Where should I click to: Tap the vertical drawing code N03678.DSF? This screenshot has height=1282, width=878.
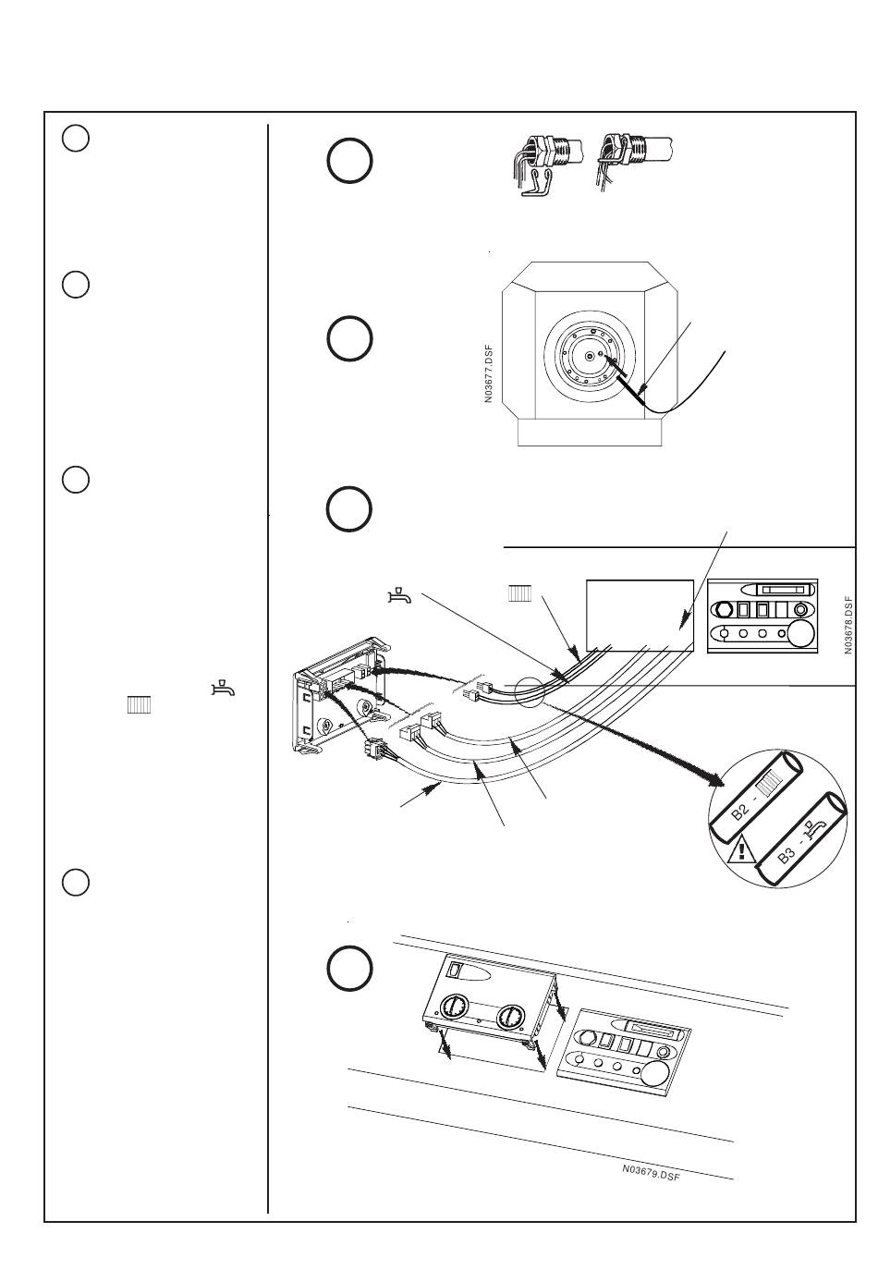click(848, 625)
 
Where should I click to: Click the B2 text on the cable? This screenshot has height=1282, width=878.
click(741, 810)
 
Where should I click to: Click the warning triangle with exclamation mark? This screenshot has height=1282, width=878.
click(740, 849)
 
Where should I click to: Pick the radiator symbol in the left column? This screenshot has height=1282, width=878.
click(140, 705)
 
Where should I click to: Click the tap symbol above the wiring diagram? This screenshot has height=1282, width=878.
click(398, 594)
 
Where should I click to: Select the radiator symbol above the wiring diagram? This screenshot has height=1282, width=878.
click(519, 593)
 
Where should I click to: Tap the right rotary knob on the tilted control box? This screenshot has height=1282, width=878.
click(509, 1019)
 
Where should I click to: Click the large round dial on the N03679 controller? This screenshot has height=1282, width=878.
click(655, 1073)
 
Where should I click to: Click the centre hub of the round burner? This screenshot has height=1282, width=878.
click(589, 356)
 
